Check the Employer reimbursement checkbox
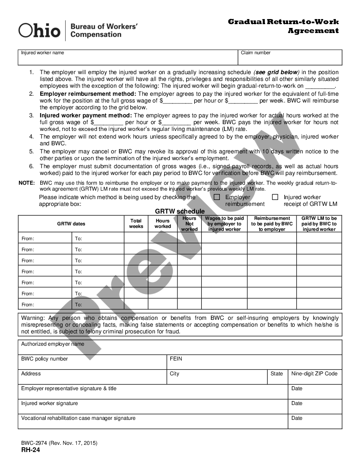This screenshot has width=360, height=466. point(217,197)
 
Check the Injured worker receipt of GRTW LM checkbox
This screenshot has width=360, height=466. point(275,197)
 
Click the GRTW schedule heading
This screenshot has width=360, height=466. point(180,211)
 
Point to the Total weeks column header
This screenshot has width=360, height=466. point(136,224)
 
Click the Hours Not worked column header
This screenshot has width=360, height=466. point(189,224)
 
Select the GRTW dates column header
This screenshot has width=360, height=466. point(71,224)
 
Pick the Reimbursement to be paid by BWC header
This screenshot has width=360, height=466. point(271,224)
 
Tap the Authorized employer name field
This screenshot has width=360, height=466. point(180,347)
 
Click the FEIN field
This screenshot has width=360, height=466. point(254,362)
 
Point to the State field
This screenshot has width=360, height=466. point(277,377)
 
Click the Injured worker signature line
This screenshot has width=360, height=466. point(152,407)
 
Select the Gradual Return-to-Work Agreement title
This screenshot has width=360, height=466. point(283,26)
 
